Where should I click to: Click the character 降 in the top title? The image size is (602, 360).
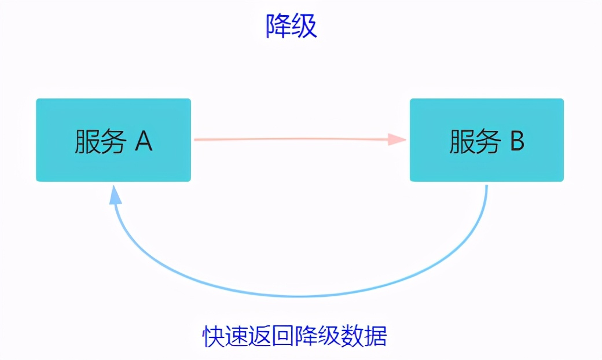point(278,26)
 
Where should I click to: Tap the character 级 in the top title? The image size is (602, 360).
point(304,26)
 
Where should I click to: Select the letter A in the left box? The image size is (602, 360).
point(144,141)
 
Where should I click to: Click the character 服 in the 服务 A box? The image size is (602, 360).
point(87,141)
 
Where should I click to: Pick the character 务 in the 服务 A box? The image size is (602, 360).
point(113,141)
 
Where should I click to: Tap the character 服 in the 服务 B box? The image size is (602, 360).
point(461,141)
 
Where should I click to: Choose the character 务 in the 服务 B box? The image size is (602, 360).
point(487,141)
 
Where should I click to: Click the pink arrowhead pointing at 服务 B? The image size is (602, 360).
point(398,139)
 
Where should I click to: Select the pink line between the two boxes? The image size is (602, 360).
point(289,139)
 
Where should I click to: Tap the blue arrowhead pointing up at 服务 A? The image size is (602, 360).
point(116,194)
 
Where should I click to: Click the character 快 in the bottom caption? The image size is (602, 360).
point(214,336)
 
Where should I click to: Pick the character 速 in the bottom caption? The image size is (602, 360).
point(237,336)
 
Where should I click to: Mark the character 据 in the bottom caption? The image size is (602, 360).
point(376,336)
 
